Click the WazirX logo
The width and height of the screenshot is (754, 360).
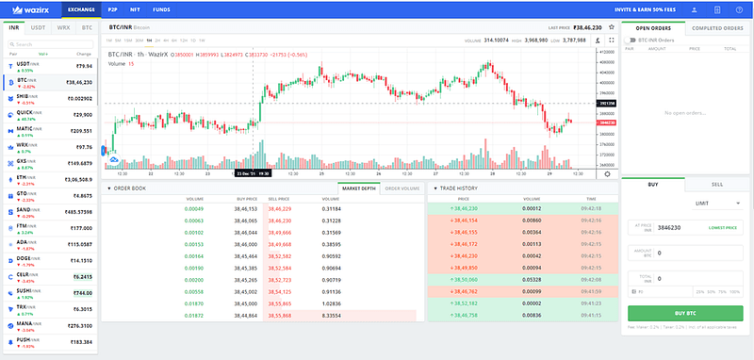point(27,9)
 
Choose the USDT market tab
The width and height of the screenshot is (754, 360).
point(39,29)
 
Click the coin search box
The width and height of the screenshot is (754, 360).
point(52,44)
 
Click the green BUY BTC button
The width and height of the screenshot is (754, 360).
point(685,312)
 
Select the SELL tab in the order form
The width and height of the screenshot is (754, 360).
point(717,184)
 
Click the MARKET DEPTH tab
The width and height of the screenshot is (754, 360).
point(358,188)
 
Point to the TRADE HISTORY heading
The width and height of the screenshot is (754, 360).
point(458,188)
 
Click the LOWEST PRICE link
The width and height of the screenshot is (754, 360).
point(722,228)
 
